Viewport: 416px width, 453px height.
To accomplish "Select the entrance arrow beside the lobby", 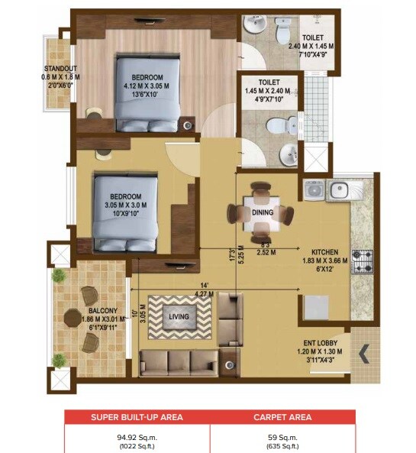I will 363,354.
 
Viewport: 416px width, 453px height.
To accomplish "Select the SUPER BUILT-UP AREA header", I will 137,417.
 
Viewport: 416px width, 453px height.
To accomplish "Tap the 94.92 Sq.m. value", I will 137,436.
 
